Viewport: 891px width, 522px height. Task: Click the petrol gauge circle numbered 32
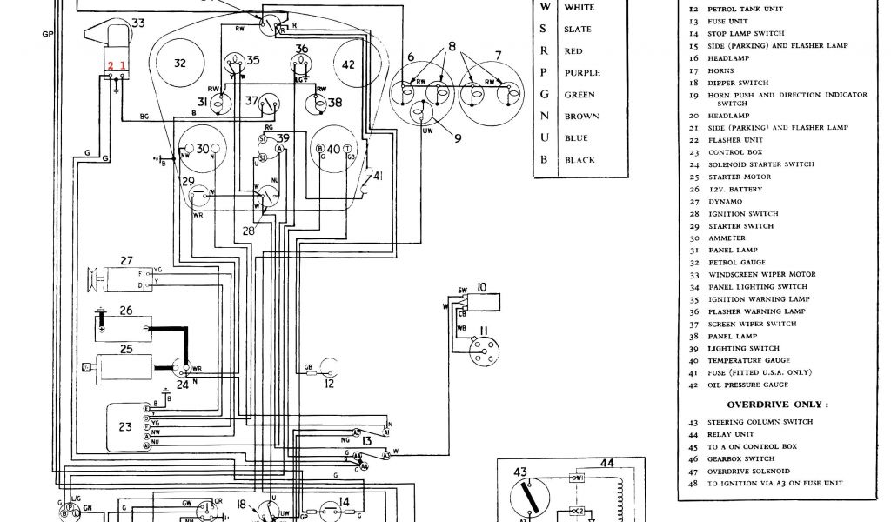click(180, 64)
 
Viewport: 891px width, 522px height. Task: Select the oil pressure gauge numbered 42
click(348, 64)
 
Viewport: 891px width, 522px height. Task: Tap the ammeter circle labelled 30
click(202, 150)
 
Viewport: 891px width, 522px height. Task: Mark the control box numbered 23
click(127, 425)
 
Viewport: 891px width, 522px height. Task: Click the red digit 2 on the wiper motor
click(111, 65)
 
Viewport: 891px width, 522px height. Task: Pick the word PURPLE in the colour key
click(582, 73)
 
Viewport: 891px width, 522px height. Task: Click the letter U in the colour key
click(545, 138)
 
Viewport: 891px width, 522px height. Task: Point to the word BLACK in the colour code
click(579, 160)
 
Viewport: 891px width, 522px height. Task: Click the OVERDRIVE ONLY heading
click(777, 405)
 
